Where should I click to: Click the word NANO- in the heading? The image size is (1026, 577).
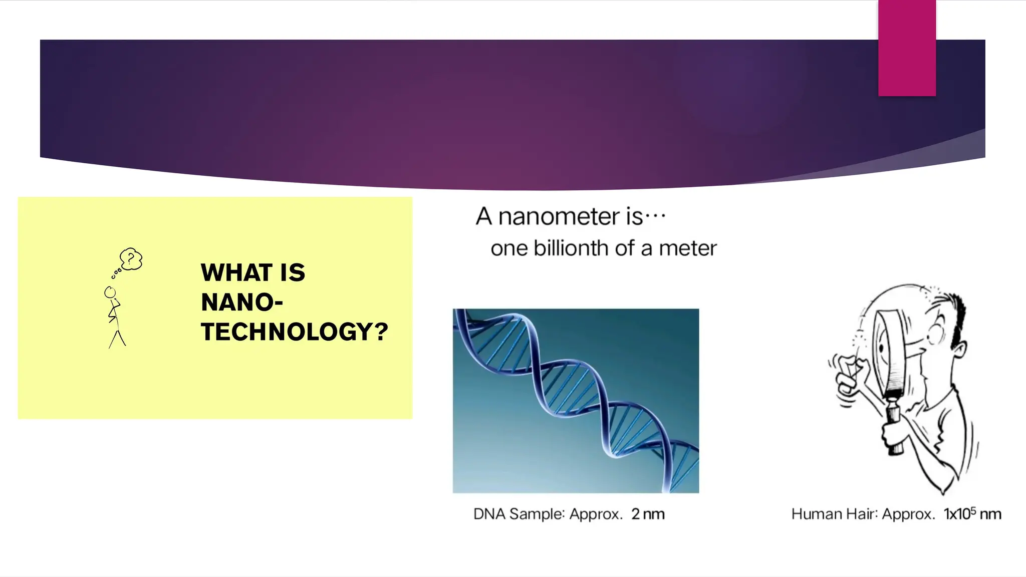(241, 303)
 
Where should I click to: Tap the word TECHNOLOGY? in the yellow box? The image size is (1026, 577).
(294, 332)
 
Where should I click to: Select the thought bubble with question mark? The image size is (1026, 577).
(131, 259)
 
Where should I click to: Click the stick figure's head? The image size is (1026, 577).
(110, 293)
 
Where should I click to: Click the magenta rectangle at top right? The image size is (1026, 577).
(907, 48)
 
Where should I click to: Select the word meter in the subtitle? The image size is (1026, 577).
(687, 248)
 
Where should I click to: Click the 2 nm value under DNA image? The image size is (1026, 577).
(647, 514)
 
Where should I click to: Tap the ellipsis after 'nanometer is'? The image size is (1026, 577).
(655, 217)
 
